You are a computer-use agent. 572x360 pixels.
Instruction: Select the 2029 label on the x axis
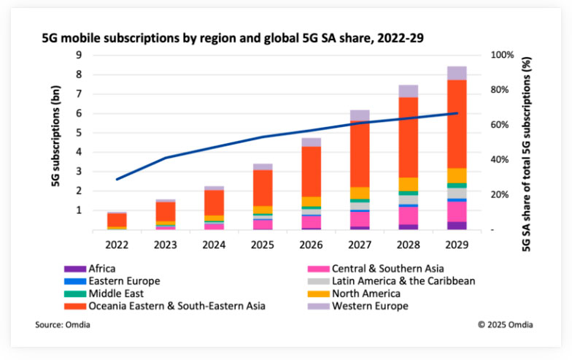pos(456,243)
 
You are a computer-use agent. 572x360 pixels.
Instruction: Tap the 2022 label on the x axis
pos(116,243)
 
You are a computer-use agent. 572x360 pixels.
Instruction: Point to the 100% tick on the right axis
pos(502,55)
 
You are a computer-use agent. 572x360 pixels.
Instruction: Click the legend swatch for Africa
pos(71,269)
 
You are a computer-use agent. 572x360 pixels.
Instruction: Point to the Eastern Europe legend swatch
pos(71,281)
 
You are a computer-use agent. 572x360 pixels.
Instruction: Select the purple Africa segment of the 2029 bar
pos(456,226)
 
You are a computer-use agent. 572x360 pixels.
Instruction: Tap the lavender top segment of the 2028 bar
pos(408,91)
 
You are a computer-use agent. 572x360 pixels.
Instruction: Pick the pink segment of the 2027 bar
pos(359,218)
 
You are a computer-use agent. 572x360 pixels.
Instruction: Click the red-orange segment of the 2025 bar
pos(262,188)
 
